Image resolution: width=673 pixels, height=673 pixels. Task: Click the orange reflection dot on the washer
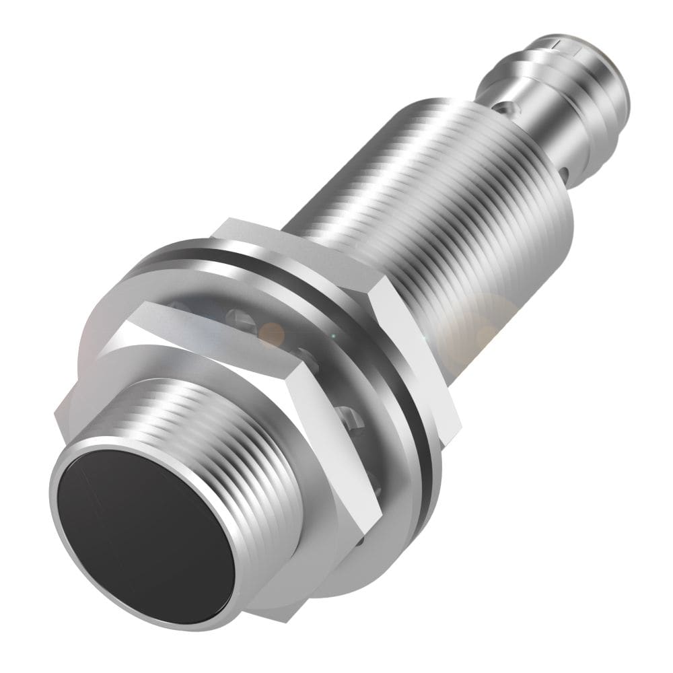[272, 332]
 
